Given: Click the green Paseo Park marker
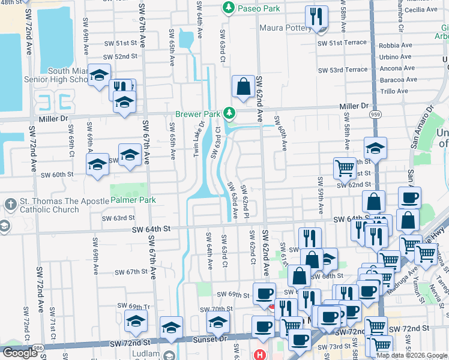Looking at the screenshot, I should tap(228, 8).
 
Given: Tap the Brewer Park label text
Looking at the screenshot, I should tap(196, 114).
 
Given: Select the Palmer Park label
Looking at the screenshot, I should tap(130, 200).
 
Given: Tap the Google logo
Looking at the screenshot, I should tap(19, 353).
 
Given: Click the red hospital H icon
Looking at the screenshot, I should tap(260, 355).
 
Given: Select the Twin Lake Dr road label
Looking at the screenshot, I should tap(199, 139).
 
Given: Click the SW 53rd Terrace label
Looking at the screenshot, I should tap(342, 70).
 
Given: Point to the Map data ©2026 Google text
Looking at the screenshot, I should tap(411, 355).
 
